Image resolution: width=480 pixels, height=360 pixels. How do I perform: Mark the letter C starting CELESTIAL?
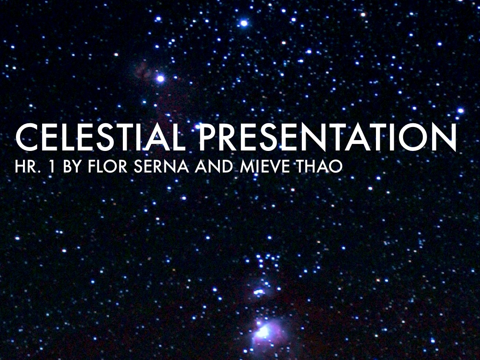coord(26,137)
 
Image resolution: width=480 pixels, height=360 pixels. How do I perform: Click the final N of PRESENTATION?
coord(444,137)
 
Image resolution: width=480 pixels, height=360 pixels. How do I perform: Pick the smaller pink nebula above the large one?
coord(259,292)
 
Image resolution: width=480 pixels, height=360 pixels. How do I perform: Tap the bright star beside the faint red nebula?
coord(160,78)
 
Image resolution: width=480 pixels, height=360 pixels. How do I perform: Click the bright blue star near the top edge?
coord(244,22)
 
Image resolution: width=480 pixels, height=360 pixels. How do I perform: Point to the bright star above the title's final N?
coord(460,111)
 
